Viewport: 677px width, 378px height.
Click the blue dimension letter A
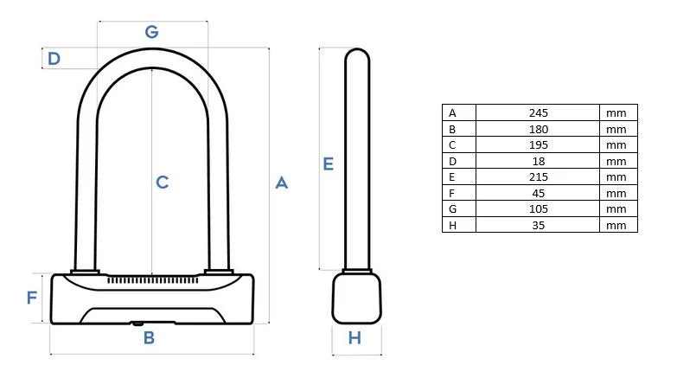(x=281, y=183)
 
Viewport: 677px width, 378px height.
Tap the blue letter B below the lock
(x=149, y=337)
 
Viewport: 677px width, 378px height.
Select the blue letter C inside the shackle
(x=162, y=183)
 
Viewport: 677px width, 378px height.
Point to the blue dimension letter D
(x=54, y=59)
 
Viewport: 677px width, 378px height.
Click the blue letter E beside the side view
(x=328, y=163)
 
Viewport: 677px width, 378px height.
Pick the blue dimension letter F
(x=32, y=298)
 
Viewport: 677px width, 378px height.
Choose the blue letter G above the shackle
(x=151, y=32)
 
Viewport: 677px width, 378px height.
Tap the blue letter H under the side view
(x=354, y=338)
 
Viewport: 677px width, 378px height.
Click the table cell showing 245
(x=538, y=112)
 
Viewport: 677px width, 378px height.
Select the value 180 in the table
(x=538, y=129)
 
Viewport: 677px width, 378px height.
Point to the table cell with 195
(x=538, y=144)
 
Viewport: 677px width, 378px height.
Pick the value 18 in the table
(x=538, y=161)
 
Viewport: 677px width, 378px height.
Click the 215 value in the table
(x=538, y=176)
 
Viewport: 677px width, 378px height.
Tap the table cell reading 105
(x=538, y=208)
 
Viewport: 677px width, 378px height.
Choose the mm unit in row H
(x=616, y=225)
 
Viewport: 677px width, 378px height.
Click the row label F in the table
(x=451, y=193)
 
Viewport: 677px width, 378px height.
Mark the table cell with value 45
(x=538, y=193)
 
